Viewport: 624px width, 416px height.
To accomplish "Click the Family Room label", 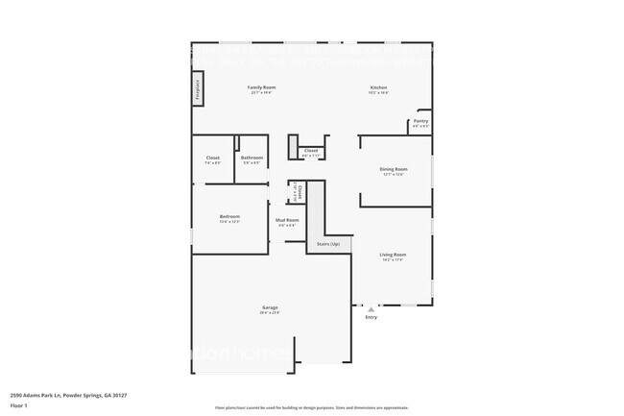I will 262,87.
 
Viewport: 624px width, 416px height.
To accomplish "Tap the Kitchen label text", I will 379,87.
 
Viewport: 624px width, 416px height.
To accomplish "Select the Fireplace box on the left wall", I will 198,86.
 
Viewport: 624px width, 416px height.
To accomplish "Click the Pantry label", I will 420,121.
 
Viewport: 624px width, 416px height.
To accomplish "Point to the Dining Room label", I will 394,169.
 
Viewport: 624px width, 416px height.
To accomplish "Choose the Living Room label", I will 393,255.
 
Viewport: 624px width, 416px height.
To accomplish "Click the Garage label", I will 269,307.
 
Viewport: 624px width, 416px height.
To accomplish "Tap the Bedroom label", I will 228,216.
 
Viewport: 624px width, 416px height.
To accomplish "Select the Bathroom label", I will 252,158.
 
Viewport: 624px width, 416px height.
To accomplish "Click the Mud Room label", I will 287,220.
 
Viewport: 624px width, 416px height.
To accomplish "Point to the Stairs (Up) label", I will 328,245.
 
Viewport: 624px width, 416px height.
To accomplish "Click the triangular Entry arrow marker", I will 371,309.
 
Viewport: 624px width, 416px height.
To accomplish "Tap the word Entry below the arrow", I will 372,317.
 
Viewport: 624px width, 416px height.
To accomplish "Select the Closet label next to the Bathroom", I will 213,158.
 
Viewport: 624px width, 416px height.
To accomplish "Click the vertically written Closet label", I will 299,192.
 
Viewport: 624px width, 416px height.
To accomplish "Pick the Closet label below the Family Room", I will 311,151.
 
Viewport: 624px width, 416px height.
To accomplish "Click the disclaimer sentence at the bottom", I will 311,407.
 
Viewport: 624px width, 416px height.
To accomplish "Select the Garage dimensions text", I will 269,313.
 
